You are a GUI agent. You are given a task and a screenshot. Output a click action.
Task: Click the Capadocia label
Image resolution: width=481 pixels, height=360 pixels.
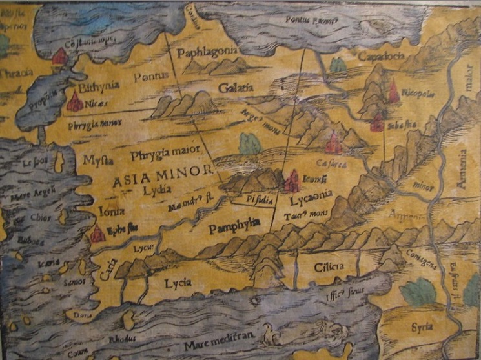click(x=381, y=56)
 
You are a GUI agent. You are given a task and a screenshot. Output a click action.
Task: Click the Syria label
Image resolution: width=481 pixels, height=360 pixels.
click(x=422, y=326)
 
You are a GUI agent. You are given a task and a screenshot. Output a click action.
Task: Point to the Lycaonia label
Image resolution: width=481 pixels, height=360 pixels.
click(x=311, y=192)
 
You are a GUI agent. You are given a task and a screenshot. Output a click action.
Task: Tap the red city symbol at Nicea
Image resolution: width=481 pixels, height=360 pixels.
click(x=74, y=102)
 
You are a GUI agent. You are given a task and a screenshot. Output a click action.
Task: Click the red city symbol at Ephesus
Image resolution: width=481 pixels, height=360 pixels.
click(x=97, y=234)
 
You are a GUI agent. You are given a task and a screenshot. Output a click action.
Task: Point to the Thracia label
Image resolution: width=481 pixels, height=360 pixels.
click(x=16, y=72)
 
